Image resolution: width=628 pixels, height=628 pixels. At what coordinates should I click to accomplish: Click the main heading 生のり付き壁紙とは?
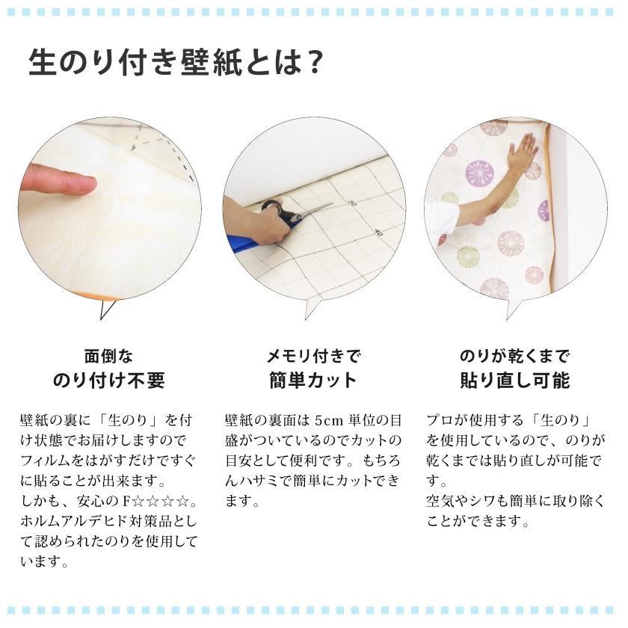pos(176,63)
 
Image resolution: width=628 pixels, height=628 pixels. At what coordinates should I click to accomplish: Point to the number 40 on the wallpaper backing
pos(378,233)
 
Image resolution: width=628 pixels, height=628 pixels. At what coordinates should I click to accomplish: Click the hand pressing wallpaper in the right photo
pos(521,154)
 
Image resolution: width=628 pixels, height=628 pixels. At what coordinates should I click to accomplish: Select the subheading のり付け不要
pos(108,381)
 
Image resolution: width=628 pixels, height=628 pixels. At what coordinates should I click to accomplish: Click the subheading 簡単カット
pos(313,381)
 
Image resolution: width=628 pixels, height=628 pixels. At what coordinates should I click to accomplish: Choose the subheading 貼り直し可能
pos(514,381)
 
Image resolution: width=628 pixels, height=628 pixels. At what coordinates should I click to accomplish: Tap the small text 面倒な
pos(108,355)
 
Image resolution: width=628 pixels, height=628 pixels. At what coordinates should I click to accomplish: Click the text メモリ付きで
pos(313,355)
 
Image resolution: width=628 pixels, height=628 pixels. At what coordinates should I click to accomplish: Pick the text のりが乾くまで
pos(514,355)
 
